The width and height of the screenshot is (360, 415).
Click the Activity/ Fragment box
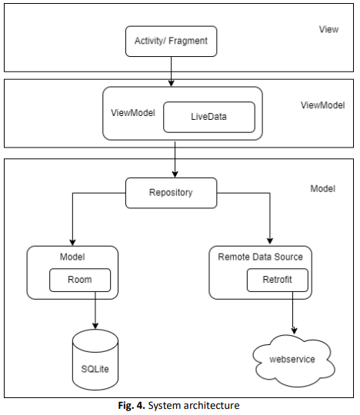171,41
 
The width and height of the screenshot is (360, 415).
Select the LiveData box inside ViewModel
209,117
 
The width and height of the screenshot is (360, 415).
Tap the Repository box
171,193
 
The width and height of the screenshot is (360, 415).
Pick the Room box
80,280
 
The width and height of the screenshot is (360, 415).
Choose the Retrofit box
278,280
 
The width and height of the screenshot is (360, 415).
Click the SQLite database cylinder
95,360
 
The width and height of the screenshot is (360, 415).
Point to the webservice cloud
294,360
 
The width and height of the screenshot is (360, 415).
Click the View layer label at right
328,29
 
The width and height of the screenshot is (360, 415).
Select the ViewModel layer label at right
323,105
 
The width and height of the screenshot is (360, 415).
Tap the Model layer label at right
323,189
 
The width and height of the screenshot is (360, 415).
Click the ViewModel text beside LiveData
133,113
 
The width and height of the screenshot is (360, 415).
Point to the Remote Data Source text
261,257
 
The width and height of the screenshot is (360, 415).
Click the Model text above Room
72,257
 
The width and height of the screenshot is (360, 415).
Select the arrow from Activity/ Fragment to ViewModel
172,71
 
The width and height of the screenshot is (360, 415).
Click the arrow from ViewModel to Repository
175,159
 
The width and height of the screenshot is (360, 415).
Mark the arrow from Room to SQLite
95,310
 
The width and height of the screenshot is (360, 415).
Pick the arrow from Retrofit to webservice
293,313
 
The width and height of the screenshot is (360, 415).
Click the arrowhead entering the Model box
72,242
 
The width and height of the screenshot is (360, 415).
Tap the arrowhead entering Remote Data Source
270,241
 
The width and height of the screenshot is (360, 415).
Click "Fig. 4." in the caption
132,406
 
